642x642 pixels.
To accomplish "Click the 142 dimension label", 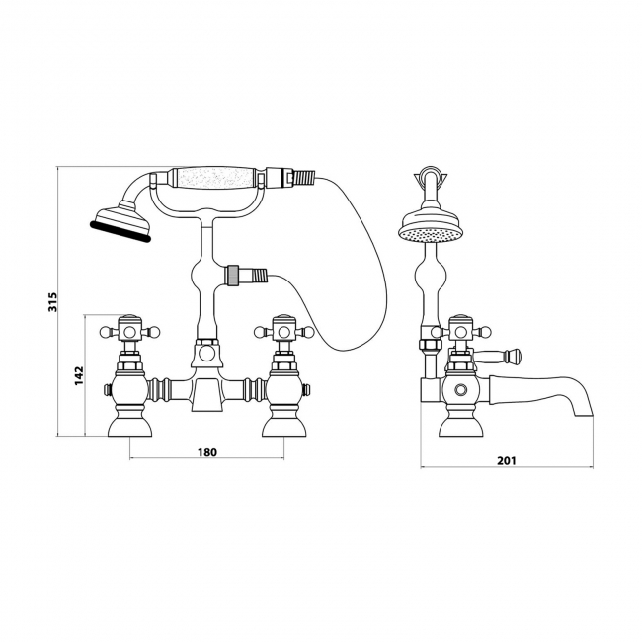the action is coord(79,375).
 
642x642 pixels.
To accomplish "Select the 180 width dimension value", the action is coord(207,452).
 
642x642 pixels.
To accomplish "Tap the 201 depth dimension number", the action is coord(507,460).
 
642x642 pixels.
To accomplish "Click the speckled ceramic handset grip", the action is coord(217,178).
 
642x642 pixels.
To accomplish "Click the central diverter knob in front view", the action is coord(206,353).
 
